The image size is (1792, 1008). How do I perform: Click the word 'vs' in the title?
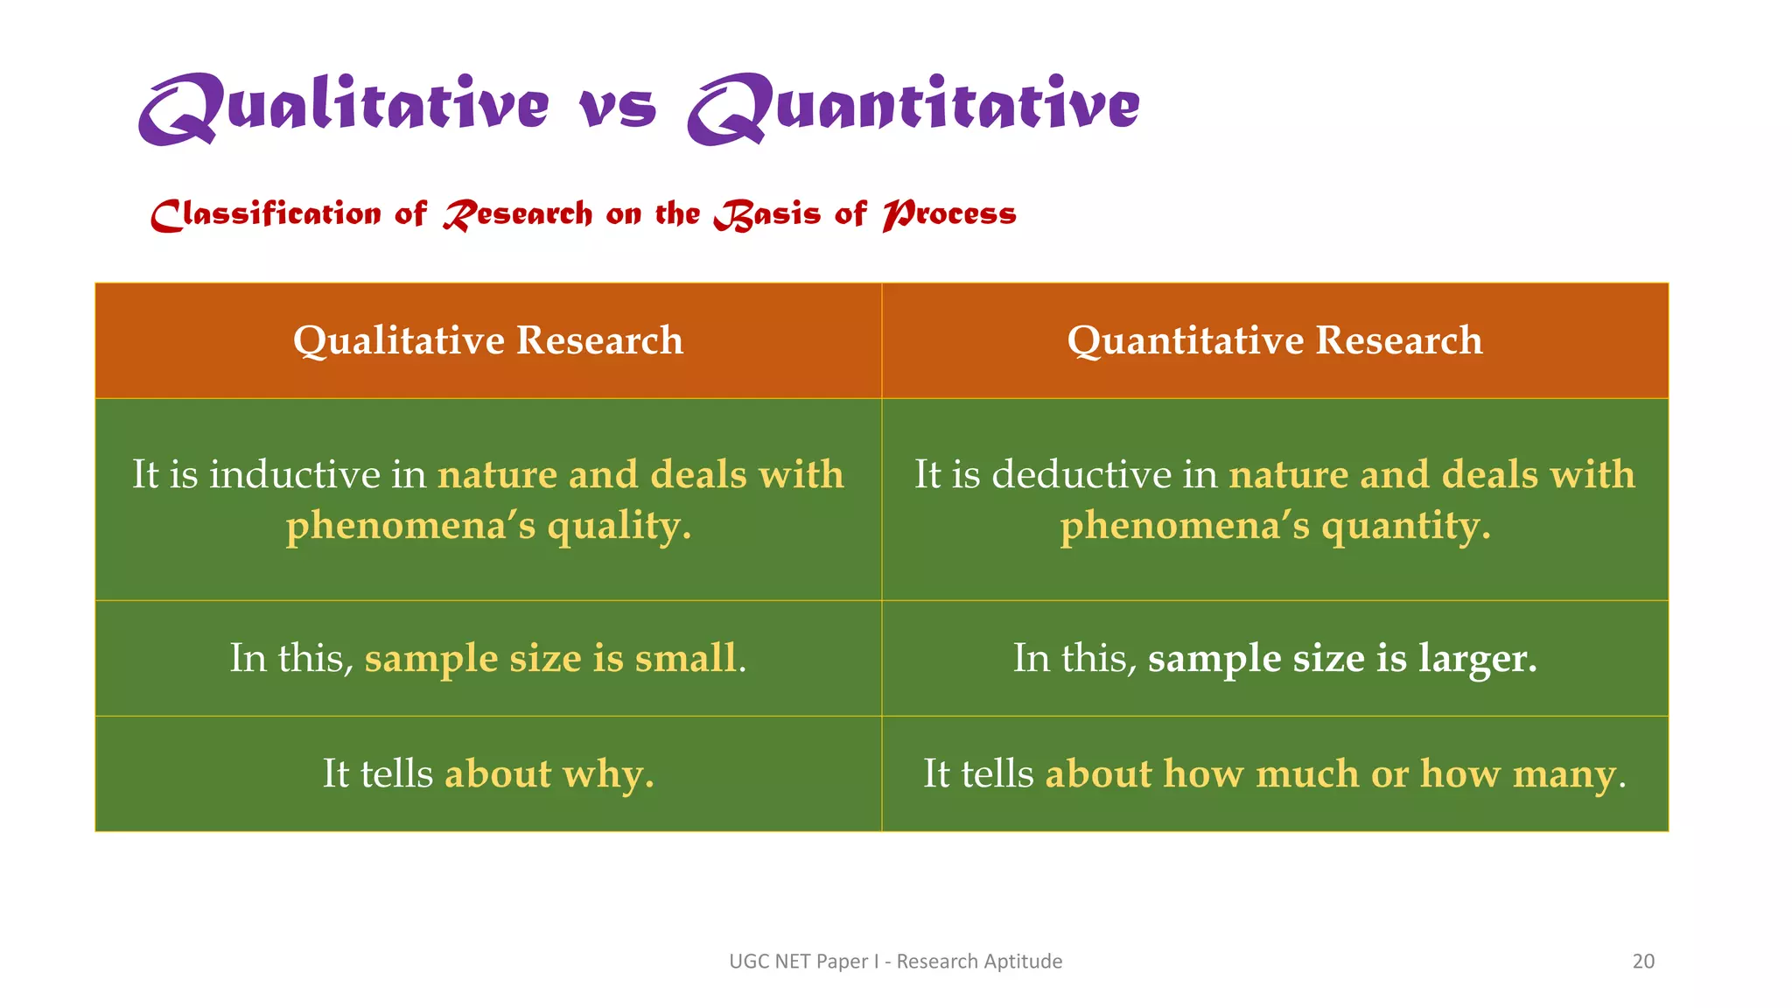click(618, 108)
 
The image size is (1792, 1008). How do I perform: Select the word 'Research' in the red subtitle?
click(518, 214)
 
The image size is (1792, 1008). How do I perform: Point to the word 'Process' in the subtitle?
click(949, 214)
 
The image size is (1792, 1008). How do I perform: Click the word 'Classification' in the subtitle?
click(266, 214)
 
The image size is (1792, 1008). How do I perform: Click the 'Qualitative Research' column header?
click(488, 340)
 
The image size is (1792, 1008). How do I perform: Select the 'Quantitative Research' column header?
click(1275, 340)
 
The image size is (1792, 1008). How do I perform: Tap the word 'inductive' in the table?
click(295, 475)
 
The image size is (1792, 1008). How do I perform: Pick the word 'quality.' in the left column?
click(619, 527)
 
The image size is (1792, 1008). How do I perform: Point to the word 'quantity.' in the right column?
click(1405, 527)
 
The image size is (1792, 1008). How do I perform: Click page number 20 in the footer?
click(1643, 961)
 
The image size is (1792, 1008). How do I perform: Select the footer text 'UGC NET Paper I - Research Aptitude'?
click(895, 961)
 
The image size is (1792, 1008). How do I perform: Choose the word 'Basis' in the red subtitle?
click(767, 214)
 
